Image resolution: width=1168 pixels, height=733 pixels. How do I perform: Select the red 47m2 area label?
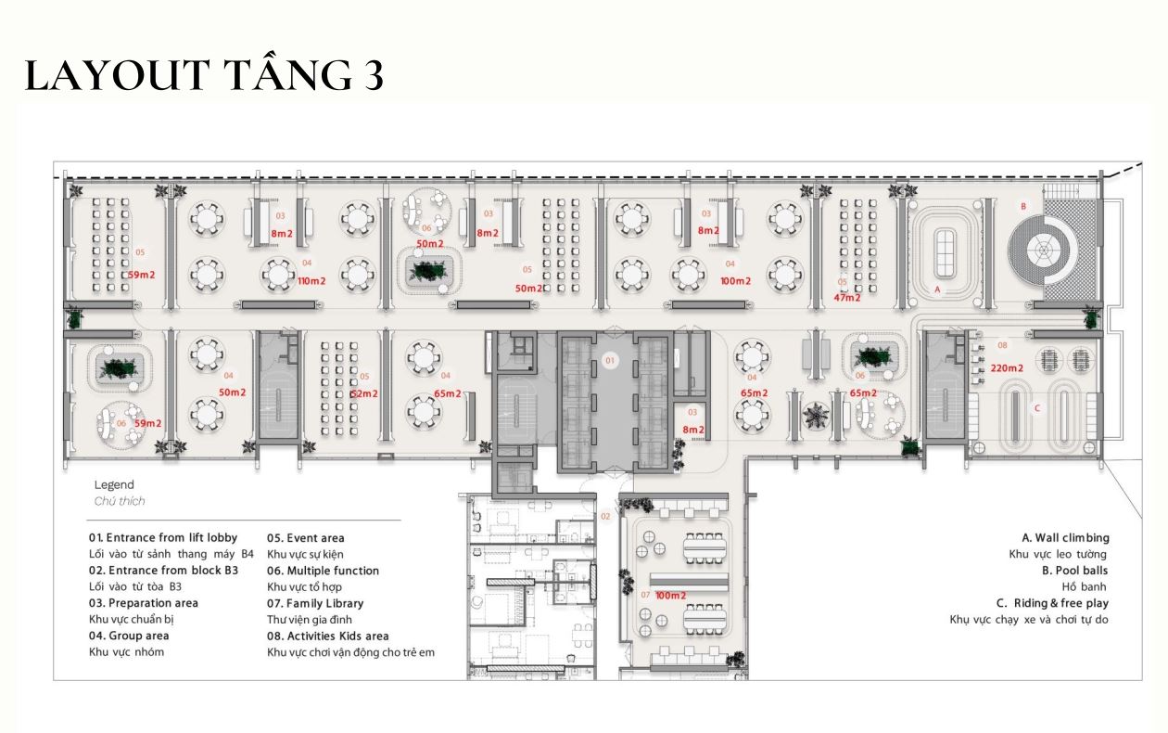(846, 298)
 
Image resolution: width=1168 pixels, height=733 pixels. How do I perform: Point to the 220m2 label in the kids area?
(1006, 368)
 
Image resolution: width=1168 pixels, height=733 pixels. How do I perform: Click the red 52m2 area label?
(363, 393)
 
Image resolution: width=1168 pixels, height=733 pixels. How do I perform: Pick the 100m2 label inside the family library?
(670, 595)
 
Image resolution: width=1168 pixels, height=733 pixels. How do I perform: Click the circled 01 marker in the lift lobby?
(610, 359)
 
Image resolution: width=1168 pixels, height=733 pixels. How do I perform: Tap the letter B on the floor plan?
(1023, 206)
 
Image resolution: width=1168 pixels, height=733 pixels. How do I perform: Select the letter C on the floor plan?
(1036, 408)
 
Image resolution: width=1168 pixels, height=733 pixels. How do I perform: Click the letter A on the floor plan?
(937, 289)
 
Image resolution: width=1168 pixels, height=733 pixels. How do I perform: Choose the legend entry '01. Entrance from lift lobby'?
(163, 538)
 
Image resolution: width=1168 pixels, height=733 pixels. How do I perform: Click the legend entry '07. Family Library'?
(315, 603)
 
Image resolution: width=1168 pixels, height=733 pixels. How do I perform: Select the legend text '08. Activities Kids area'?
(328, 637)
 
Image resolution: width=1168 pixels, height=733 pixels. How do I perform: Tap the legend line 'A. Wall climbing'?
(1065, 538)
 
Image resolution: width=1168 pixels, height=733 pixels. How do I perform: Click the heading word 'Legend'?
(114, 484)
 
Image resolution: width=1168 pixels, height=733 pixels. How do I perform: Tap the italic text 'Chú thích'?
(120, 501)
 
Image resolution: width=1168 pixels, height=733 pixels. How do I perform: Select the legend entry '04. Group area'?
(129, 637)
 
